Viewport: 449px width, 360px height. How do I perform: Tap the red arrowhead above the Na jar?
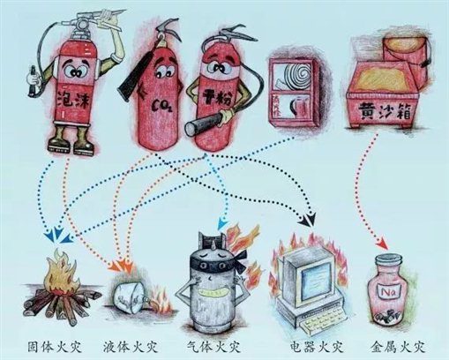pos(381,244)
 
